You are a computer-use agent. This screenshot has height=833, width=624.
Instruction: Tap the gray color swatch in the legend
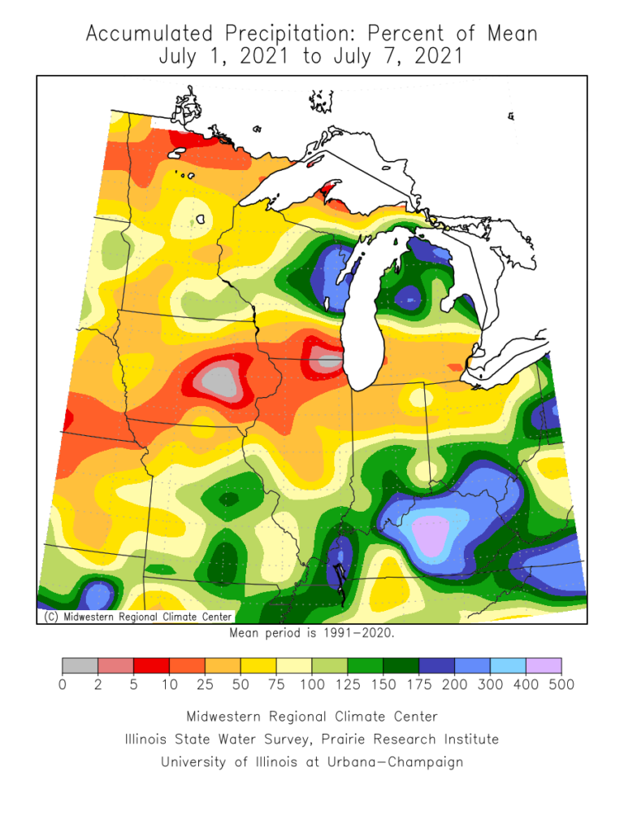(80, 665)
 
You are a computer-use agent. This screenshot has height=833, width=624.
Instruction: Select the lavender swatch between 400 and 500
(544, 665)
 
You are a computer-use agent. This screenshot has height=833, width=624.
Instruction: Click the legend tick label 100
(311, 684)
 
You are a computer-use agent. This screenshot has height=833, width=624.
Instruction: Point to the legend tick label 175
(418, 684)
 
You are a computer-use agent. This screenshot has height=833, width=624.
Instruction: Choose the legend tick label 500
(561, 684)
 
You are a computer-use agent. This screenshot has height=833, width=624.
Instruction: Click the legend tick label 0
(63, 684)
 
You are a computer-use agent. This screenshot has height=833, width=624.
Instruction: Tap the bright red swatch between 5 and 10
(151, 665)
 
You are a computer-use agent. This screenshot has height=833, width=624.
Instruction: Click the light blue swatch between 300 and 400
(508, 665)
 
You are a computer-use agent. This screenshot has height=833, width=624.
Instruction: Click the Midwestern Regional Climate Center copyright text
(136, 617)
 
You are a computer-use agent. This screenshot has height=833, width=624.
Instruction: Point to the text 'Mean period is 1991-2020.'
(312, 633)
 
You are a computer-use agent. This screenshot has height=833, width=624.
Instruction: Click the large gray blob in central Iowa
(218, 380)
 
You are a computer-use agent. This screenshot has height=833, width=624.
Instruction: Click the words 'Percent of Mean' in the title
(453, 35)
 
